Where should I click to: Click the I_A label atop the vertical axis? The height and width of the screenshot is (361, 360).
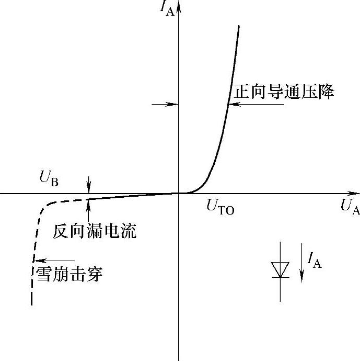pos(167,8)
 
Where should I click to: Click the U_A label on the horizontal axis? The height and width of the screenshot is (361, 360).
pos(350,207)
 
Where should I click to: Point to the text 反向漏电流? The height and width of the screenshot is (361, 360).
pos(95,231)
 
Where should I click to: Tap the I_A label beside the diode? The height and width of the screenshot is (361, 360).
pos(314,260)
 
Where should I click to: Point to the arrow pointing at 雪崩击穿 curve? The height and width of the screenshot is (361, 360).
pos(54,260)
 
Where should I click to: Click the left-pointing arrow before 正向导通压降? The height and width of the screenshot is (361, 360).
pos(256,104)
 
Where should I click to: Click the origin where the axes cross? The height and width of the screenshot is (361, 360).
pos(179,193)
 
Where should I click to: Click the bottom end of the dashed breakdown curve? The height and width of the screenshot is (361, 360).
pos(32,303)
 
